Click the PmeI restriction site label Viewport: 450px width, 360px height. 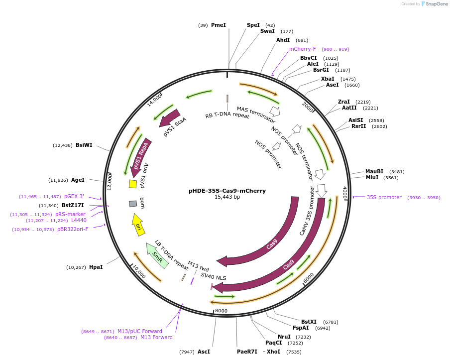coord(218,25)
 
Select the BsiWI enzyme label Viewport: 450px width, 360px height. coord(84,145)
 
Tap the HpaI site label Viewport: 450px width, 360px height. coord(96,267)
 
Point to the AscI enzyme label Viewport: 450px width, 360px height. coord(204,352)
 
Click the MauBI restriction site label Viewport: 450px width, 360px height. coord(374,171)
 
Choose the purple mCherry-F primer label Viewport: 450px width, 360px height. coord(303,49)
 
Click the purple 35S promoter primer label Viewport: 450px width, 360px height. coord(384,197)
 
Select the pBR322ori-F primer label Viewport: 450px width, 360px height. coord(73,229)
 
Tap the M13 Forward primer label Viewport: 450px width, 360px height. coord(156,337)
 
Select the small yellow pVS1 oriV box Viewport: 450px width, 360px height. coord(133,184)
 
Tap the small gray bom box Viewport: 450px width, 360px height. coord(133,204)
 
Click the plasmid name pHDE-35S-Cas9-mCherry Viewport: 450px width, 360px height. coord(227,190)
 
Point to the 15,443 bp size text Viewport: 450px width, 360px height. coord(227,197)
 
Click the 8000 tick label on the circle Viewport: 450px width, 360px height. coord(221,311)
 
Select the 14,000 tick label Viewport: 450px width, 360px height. coord(155,100)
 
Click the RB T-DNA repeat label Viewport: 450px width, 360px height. coord(227,116)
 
